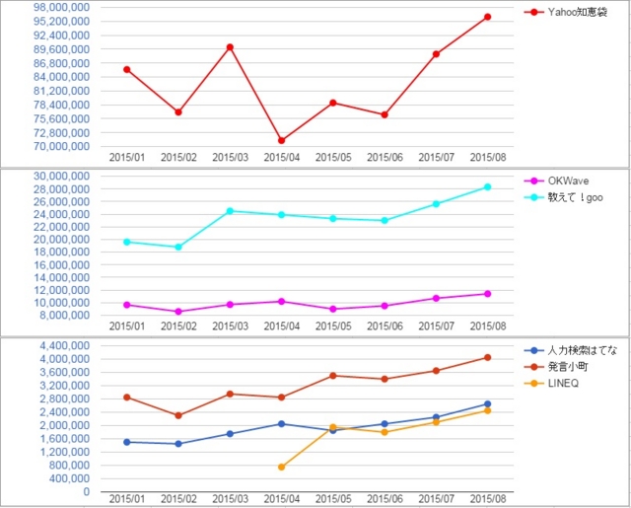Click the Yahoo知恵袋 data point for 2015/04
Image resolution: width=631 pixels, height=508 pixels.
pyautogui.click(x=281, y=141)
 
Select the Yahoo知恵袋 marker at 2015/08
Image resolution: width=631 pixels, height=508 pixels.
pyautogui.click(x=487, y=17)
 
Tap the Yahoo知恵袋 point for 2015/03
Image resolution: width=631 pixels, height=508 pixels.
pyautogui.click(x=230, y=47)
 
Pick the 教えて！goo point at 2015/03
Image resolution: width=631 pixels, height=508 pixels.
pyautogui.click(x=230, y=211)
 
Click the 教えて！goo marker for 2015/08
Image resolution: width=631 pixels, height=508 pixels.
pyautogui.click(x=487, y=187)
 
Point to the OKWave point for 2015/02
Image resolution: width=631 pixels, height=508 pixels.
pyautogui.click(x=178, y=312)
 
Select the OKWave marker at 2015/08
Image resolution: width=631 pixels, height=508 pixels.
pyautogui.click(x=487, y=294)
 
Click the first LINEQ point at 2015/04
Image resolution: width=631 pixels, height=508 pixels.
pyautogui.click(x=281, y=467)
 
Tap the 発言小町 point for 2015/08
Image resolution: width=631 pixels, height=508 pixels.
pyautogui.click(x=487, y=357)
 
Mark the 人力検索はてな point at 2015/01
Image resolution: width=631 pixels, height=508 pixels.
pyautogui.click(x=127, y=442)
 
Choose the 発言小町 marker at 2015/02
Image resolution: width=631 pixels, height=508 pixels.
pyautogui.click(x=178, y=415)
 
